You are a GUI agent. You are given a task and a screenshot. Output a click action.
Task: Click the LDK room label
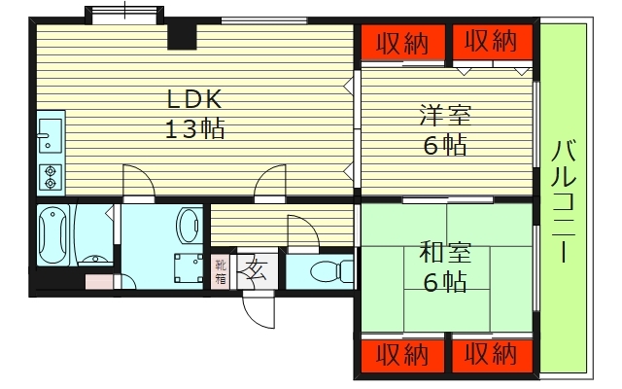194,99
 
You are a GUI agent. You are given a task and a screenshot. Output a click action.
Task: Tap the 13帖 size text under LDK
194,127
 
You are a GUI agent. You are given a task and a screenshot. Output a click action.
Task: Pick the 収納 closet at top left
402,42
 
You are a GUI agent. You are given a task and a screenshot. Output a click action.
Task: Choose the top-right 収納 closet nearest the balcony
491,42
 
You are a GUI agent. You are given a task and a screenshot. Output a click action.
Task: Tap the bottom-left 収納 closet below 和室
402,354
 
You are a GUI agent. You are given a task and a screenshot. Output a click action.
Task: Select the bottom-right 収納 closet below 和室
491,354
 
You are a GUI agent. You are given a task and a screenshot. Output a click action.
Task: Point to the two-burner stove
50,175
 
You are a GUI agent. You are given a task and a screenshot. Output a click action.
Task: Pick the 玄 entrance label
257,269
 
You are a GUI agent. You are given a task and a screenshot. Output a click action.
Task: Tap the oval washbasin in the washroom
189,225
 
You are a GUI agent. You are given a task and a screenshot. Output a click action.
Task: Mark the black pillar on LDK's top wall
182,36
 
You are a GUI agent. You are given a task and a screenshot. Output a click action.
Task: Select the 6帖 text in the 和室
445,282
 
